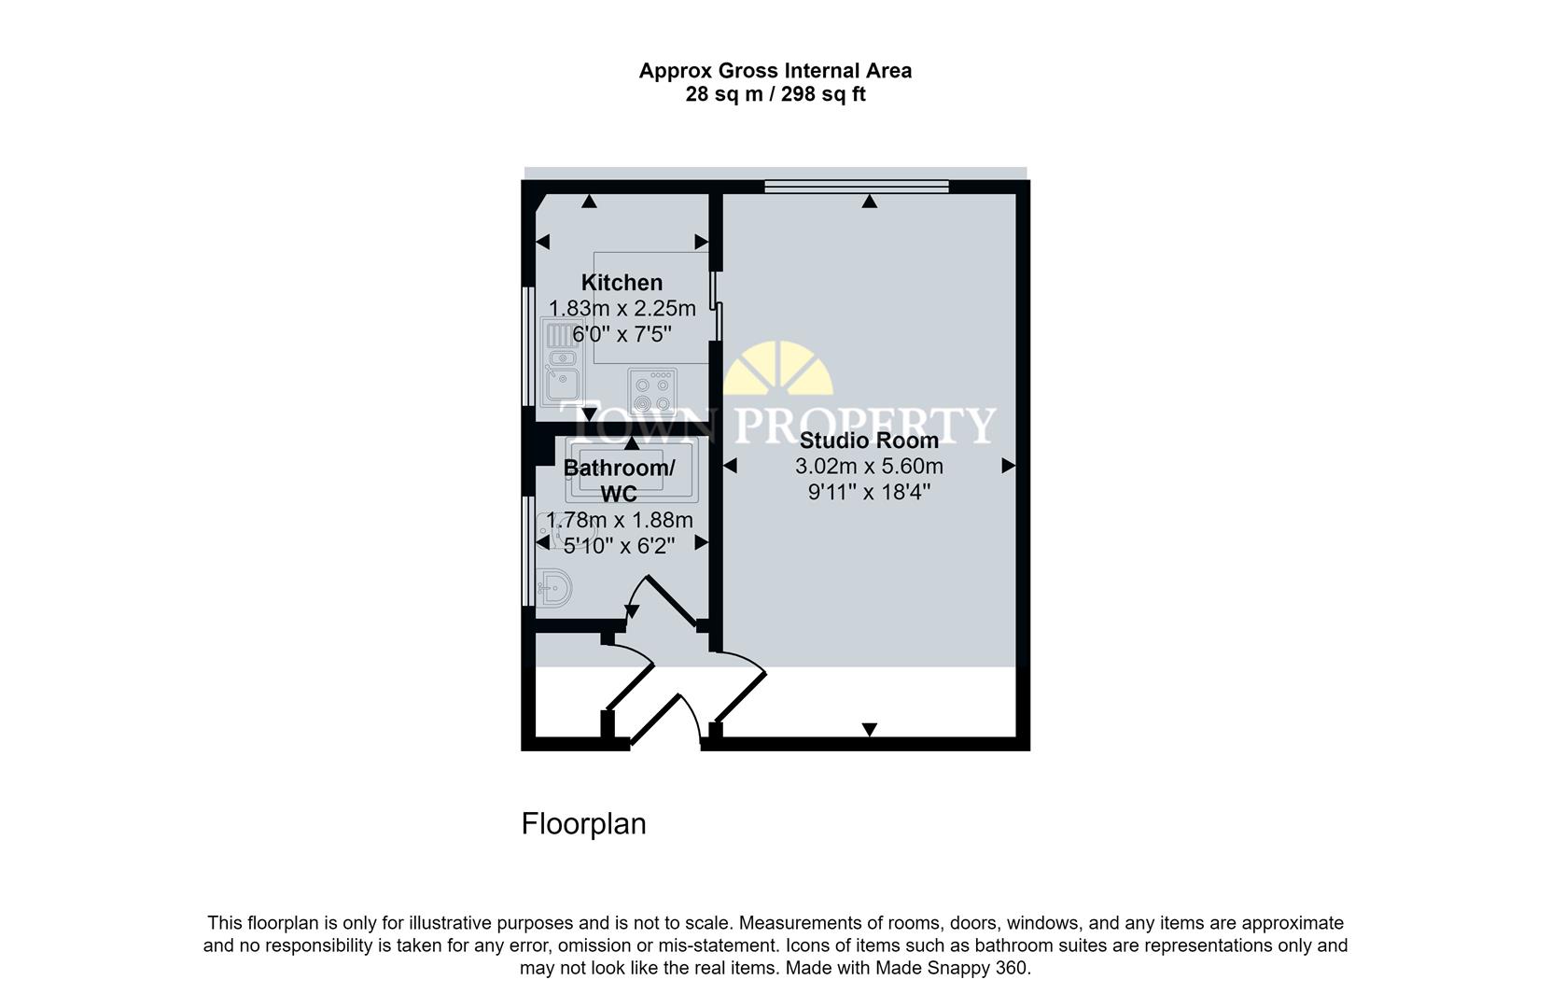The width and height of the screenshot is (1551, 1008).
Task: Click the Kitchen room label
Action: [x=622, y=282]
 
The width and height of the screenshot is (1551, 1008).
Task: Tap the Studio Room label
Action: [x=869, y=441]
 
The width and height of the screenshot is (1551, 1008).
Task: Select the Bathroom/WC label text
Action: [x=619, y=480]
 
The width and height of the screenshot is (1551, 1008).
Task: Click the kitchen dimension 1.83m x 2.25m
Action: [x=622, y=308]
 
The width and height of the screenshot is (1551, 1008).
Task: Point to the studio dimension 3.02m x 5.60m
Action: [x=869, y=466]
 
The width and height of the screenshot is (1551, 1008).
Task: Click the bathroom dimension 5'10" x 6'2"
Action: [x=619, y=546]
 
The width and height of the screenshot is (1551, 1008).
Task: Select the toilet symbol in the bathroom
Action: [x=556, y=588]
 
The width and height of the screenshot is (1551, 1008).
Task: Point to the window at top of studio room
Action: [x=856, y=187]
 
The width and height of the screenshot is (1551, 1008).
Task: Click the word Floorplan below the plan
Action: [x=583, y=824]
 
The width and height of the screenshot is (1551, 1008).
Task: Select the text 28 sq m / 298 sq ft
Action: [x=775, y=94]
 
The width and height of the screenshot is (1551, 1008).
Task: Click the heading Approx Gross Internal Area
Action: [x=775, y=71]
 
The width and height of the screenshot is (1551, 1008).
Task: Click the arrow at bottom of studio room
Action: [x=869, y=730]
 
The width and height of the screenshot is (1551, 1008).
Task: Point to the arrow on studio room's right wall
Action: [x=1008, y=466]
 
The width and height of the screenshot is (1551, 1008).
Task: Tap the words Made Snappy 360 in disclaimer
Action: [x=951, y=968]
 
